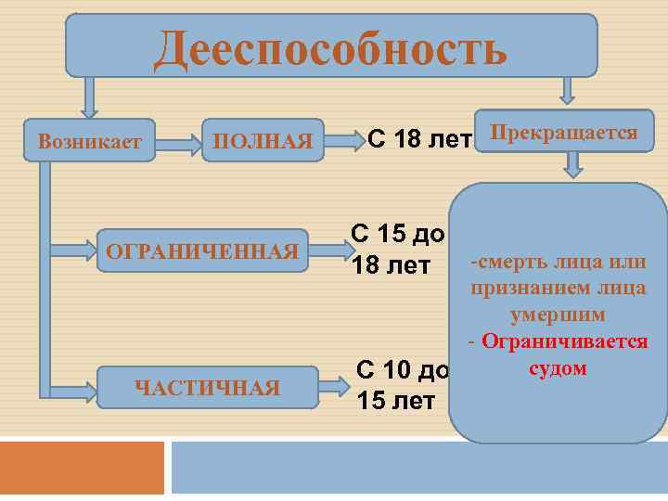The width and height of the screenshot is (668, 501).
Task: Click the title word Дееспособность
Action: pyautogui.click(x=330, y=47)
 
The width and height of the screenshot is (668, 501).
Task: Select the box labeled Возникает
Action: pyautogui.click(x=90, y=142)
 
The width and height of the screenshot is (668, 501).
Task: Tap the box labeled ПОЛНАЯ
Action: pyautogui.click(x=263, y=142)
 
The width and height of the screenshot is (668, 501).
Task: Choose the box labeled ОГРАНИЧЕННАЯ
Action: pyautogui.click(x=202, y=251)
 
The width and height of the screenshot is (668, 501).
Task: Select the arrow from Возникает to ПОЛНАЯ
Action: pyautogui.click(x=179, y=143)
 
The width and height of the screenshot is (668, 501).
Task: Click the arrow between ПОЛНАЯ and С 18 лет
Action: pyautogui.click(x=347, y=142)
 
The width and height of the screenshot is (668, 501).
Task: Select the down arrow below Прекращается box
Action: pyautogui.click(x=573, y=164)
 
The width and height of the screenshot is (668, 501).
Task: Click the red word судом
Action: pyautogui.click(x=558, y=368)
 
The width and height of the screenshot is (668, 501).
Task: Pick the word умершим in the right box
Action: pyautogui.click(x=558, y=315)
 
